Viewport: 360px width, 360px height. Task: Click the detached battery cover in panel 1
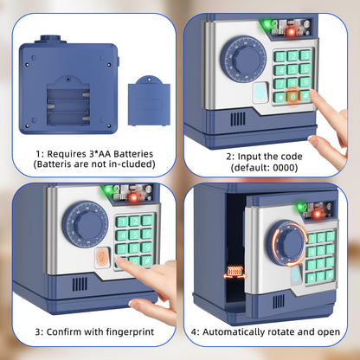point(149,100)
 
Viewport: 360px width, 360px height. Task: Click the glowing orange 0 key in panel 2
point(292,97)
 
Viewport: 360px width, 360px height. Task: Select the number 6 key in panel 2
point(305,68)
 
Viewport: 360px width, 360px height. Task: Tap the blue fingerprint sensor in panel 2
point(261,93)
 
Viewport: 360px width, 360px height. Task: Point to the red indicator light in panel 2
point(292,31)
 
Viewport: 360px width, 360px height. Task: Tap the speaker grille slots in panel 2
point(238,119)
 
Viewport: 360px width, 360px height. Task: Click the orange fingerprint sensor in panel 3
point(102,257)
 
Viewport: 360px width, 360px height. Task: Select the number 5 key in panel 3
point(134,235)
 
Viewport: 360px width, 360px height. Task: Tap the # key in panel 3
point(147,260)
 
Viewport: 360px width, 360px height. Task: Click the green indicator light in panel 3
point(108,190)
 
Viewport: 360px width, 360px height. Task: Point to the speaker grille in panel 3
point(80,284)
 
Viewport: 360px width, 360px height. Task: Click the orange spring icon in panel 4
point(235,273)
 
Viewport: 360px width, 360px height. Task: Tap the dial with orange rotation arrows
point(288,244)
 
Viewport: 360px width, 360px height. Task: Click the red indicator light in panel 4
point(318,214)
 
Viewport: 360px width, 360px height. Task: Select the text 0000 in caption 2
point(284,167)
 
